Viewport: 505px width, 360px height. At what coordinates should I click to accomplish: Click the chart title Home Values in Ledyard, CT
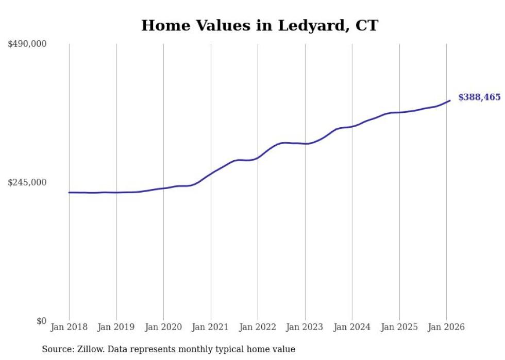pyautogui.click(x=259, y=25)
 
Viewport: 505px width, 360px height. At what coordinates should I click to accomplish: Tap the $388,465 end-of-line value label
pyautogui.click(x=479, y=97)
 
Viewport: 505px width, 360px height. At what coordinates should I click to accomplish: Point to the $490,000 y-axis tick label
pyautogui.click(x=27, y=44)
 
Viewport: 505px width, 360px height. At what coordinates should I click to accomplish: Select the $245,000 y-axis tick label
pyautogui.click(x=27, y=182)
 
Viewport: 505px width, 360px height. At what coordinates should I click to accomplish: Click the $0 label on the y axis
pyautogui.click(x=41, y=321)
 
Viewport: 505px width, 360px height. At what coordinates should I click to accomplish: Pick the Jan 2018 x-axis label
pyautogui.click(x=69, y=327)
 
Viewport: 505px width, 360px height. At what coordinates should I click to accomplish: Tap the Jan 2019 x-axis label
pyautogui.click(x=116, y=327)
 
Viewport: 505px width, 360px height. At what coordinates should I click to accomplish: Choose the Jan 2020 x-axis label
pyautogui.click(x=163, y=327)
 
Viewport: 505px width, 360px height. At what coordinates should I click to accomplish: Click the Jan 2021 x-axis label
pyautogui.click(x=210, y=327)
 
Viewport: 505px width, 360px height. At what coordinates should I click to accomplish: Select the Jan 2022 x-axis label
pyautogui.click(x=258, y=327)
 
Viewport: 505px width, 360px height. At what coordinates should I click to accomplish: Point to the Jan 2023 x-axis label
pyautogui.click(x=305, y=327)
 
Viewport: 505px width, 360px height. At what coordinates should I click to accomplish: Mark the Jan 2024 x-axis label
pyautogui.click(x=352, y=327)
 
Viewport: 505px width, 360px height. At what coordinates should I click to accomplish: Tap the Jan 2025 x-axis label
pyautogui.click(x=399, y=327)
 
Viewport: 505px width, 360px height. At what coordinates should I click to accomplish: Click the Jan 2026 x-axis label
pyautogui.click(x=446, y=327)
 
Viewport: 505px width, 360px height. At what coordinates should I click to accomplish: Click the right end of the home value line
pyautogui.click(x=450, y=100)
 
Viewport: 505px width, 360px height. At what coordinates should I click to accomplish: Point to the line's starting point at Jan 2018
pyautogui.click(x=69, y=193)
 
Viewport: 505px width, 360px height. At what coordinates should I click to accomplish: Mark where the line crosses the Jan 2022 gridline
pyautogui.click(x=258, y=157)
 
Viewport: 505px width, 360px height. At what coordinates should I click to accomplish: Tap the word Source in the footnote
pyautogui.click(x=56, y=349)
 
